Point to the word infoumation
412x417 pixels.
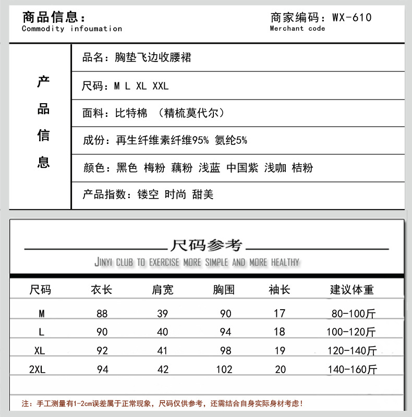[96, 29]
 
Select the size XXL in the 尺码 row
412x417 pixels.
[161, 86]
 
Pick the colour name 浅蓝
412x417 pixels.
[210, 168]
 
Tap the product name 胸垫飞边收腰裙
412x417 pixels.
[153, 58]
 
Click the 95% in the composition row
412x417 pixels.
[201, 140]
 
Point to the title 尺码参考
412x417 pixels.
[207, 244]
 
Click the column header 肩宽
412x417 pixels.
[163, 290]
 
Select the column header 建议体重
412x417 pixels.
[352, 290]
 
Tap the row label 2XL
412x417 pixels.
[38, 370]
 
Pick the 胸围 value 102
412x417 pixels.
[224, 370]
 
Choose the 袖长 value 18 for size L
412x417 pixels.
[280, 332]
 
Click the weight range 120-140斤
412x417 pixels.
[352, 351]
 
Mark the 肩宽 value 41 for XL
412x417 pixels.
[163, 351]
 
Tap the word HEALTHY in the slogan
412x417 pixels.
[285, 262]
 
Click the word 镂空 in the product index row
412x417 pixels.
[149, 195]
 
